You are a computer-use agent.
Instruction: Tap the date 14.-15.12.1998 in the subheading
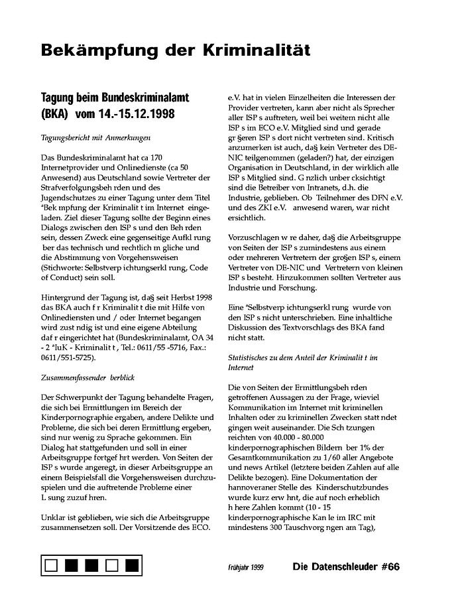138,113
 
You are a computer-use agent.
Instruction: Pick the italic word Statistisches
251,357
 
